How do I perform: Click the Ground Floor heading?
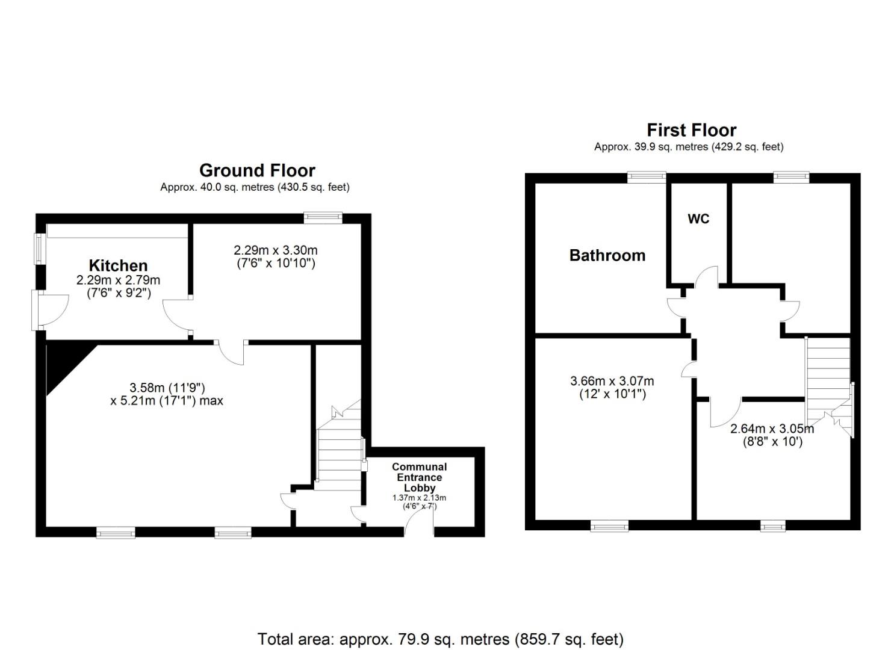click(257, 171)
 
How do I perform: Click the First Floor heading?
click(691, 131)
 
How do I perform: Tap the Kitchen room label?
click(118, 265)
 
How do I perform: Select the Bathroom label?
click(607, 255)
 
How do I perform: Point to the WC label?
click(698, 218)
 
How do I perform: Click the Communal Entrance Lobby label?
click(419, 477)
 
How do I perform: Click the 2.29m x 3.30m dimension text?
click(276, 250)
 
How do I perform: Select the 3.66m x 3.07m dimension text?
click(612, 381)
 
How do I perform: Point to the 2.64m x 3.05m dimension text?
click(772, 429)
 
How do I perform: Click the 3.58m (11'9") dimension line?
click(167, 388)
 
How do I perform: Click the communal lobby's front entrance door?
click(418, 522)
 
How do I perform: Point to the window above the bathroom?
click(647, 177)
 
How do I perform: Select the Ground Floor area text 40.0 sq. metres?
click(255, 187)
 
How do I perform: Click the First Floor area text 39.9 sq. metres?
click(689, 147)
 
